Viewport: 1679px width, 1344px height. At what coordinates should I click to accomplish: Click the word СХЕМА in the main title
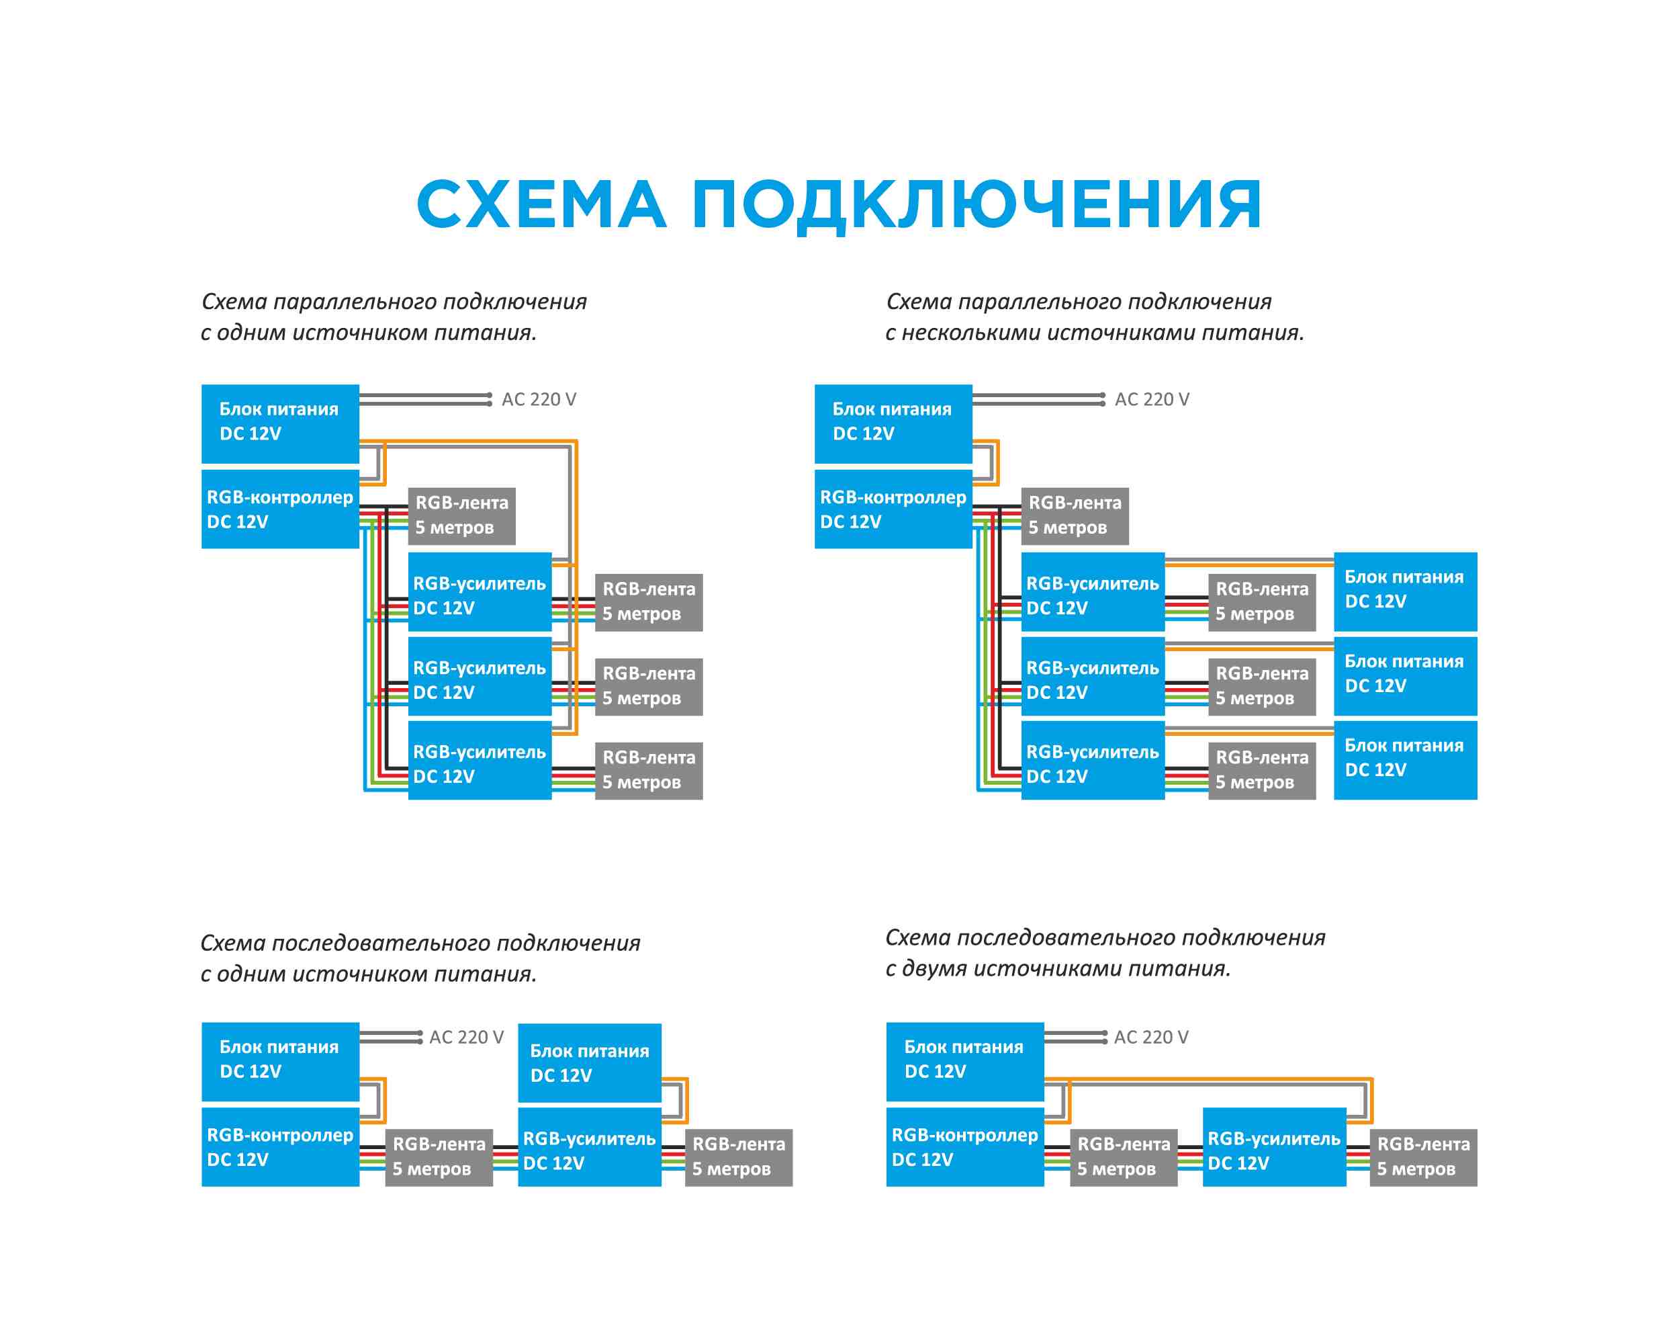(x=541, y=204)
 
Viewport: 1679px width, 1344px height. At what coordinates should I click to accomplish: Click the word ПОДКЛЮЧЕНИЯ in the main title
(x=977, y=204)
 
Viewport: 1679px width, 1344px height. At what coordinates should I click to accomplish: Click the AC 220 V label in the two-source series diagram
(x=1150, y=1037)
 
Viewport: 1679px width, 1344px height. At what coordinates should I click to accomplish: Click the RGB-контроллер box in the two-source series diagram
(x=964, y=1146)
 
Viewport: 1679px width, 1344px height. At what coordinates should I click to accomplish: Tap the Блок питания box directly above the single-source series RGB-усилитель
(x=589, y=1062)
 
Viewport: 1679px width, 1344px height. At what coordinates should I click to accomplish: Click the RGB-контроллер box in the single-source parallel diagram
(x=279, y=509)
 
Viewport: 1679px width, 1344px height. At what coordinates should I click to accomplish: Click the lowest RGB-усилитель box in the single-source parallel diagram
(x=479, y=763)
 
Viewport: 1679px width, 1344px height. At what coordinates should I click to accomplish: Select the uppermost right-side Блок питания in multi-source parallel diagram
(x=1404, y=591)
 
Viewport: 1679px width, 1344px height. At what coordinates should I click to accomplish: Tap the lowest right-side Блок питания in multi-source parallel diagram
(x=1404, y=759)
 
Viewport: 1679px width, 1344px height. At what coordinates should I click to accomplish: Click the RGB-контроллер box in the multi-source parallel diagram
(x=893, y=509)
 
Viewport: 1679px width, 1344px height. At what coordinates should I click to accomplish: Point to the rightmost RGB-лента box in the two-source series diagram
(x=1423, y=1157)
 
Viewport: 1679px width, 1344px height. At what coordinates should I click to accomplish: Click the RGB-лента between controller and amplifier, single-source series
(x=439, y=1157)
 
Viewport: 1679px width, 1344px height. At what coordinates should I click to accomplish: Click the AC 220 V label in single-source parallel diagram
(x=538, y=399)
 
